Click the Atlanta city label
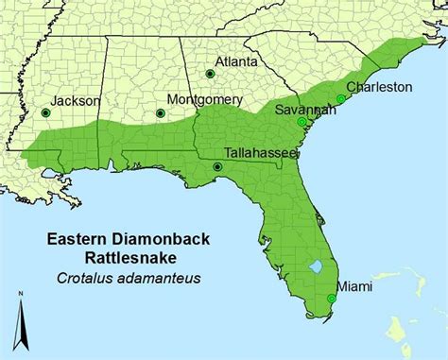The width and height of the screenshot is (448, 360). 236,61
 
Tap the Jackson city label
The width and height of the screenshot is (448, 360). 50,97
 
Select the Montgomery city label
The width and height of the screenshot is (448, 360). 204,98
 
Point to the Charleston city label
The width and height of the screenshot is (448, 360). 379,86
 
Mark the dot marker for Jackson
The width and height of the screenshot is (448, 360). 44,113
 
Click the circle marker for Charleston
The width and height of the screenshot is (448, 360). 340,98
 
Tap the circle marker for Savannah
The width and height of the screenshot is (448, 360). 301,122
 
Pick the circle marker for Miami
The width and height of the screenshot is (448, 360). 332,299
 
